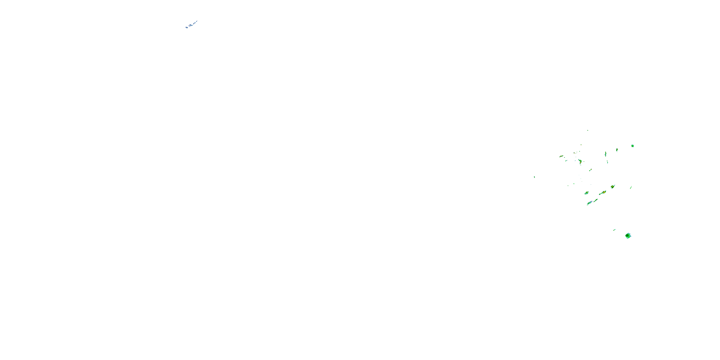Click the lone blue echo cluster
click(x=191, y=25)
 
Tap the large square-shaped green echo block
click(x=628, y=236)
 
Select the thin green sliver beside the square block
click(x=614, y=230)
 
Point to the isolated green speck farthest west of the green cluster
click(x=534, y=177)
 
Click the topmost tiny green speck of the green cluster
click(x=588, y=130)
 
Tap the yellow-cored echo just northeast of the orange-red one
click(x=613, y=186)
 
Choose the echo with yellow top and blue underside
click(x=586, y=193)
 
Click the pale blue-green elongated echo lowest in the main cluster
click(x=589, y=203)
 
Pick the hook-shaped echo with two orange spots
click(x=580, y=161)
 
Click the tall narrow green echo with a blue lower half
click(x=606, y=154)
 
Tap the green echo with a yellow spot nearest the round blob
click(x=617, y=150)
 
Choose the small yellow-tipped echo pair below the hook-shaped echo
click(x=590, y=170)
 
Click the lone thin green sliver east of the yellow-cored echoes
click(x=631, y=187)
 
